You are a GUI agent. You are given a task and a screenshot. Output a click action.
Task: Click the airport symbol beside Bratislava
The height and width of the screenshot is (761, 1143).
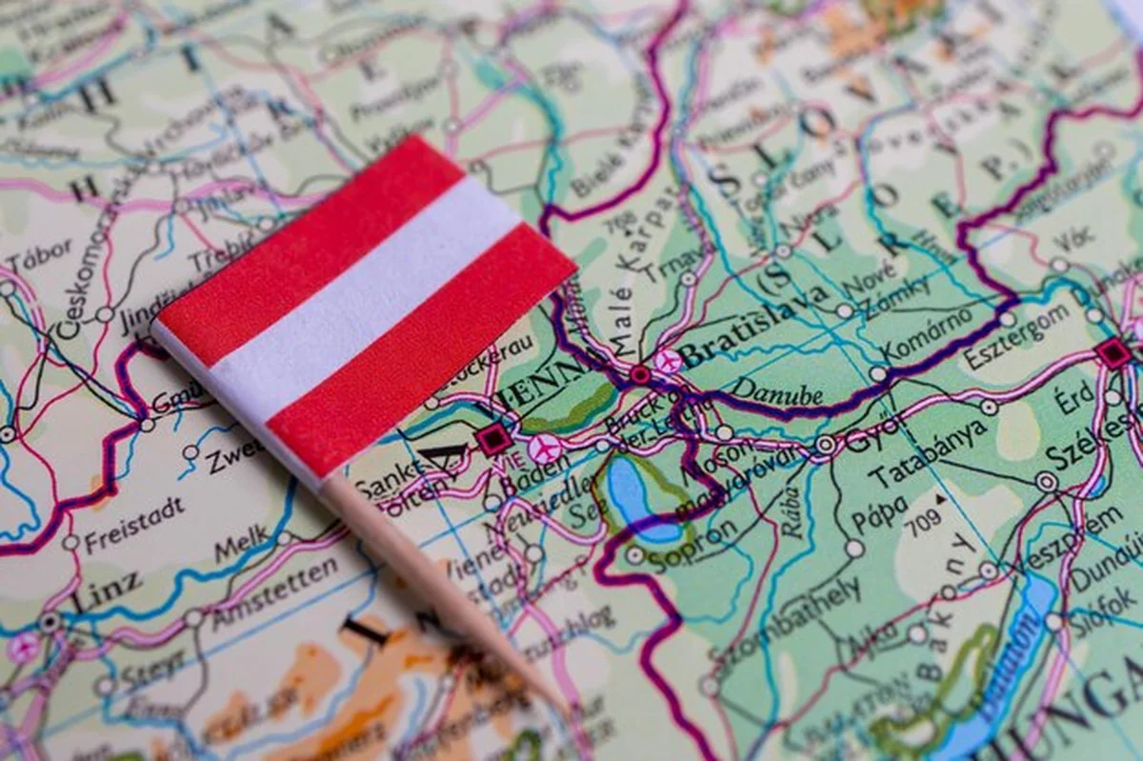tap(667, 360)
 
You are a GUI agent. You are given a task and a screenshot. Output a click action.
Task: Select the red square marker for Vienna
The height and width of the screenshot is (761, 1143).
tap(492, 439)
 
